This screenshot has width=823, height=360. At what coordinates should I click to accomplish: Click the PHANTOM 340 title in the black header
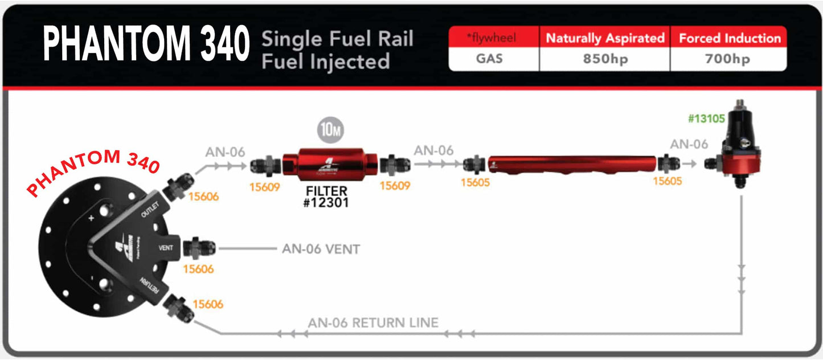(x=146, y=44)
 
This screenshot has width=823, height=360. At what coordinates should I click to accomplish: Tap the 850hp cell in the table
(x=604, y=59)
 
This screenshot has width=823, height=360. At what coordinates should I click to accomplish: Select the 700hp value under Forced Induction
(x=727, y=59)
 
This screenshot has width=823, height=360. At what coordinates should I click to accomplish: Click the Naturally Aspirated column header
(x=605, y=38)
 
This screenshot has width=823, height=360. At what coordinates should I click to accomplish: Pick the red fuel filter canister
(x=331, y=165)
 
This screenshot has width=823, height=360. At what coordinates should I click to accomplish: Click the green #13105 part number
(x=706, y=119)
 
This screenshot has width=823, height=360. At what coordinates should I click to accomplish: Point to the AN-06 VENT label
(x=321, y=249)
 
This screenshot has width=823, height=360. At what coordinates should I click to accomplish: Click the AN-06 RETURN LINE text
(x=373, y=323)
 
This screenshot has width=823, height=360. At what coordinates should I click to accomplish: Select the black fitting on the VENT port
(x=198, y=248)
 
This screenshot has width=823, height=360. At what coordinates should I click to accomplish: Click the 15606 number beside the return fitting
(x=208, y=305)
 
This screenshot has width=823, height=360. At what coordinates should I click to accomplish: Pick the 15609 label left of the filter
(x=265, y=186)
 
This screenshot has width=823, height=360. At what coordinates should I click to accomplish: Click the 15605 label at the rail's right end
(x=668, y=182)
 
